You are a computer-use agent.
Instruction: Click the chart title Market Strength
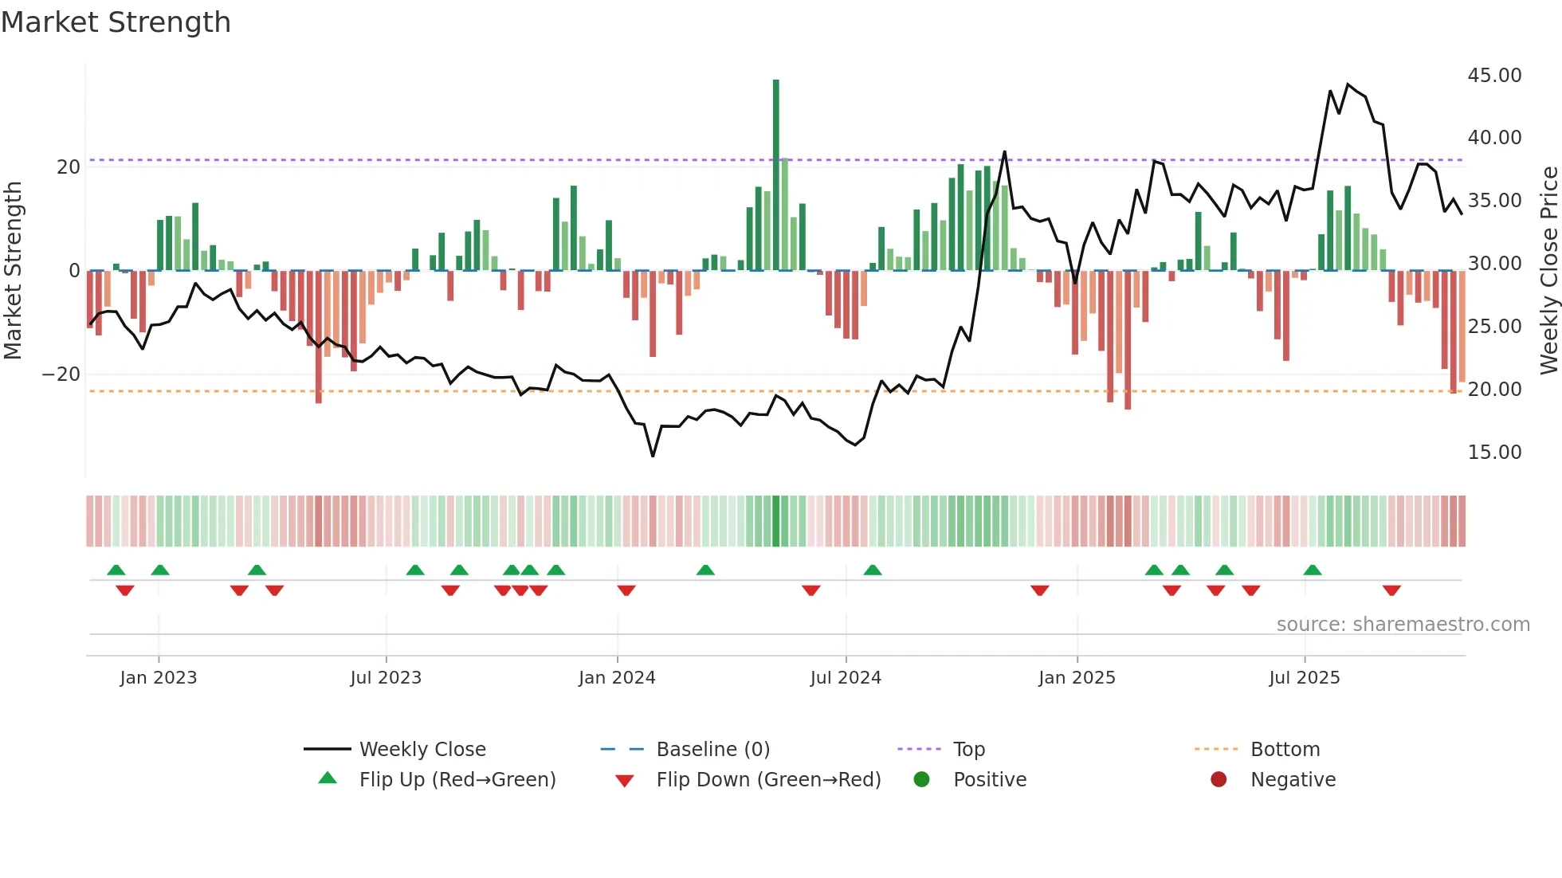[x=116, y=22]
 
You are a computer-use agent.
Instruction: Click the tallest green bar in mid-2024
[x=775, y=175]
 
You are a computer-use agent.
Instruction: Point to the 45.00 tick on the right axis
[x=1494, y=75]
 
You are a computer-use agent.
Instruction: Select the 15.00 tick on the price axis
[x=1494, y=452]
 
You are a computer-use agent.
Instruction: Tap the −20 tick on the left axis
[x=61, y=374]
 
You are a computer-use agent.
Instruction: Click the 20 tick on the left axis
[x=69, y=167]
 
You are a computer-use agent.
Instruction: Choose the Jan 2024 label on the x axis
[x=617, y=677]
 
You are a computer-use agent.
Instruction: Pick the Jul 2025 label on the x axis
[x=1305, y=677]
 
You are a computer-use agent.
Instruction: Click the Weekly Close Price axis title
[x=1548, y=270]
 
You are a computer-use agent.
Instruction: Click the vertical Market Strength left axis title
[x=13, y=270]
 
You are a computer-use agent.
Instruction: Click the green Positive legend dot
[x=921, y=779]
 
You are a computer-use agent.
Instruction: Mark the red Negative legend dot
[x=1219, y=779]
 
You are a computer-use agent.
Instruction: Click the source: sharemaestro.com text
[x=1403, y=624]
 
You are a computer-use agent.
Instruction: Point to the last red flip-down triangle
[x=1391, y=590]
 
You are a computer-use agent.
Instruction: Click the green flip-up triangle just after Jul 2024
[x=873, y=570]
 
